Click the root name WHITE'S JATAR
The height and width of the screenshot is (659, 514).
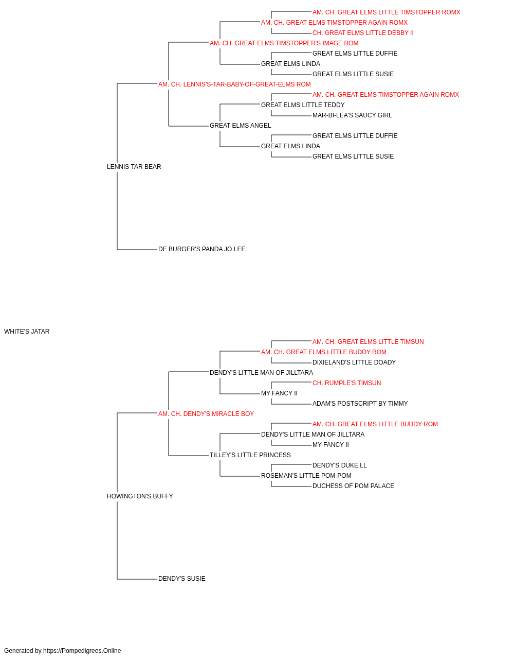coord(27,332)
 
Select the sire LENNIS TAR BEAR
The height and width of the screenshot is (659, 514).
coord(134,167)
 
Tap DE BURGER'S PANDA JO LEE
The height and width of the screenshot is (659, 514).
coord(201,249)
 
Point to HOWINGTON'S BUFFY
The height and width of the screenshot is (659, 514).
coord(140,496)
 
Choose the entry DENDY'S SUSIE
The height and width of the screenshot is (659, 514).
coord(181,579)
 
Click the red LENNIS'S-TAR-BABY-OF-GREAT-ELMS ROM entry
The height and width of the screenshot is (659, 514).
coord(234,84)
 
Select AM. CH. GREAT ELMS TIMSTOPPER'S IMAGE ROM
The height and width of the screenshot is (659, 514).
coord(284,43)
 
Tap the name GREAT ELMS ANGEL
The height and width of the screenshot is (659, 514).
coord(241,126)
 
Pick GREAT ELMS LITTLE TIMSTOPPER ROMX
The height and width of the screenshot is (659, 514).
coord(386,12)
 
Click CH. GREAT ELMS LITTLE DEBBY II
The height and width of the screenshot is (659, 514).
coord(363,33)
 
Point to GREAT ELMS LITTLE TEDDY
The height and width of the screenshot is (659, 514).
coord(303,105)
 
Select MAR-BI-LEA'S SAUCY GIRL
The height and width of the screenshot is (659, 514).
coord(352,115)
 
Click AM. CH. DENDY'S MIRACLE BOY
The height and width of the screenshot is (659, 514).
coord(206,414)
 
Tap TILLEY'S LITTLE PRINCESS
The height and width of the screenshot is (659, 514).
coord(250,455)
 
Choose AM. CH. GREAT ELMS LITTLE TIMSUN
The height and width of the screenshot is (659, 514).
coord(368,342)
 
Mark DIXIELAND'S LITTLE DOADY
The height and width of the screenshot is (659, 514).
coord(354,362)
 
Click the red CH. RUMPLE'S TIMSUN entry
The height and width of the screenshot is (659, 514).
coord(346,383)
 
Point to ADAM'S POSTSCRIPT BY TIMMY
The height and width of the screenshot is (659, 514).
coord(360,404)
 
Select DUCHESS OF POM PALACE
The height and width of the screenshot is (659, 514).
coord(353,486)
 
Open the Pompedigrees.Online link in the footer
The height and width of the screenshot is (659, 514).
coord(82,651)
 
